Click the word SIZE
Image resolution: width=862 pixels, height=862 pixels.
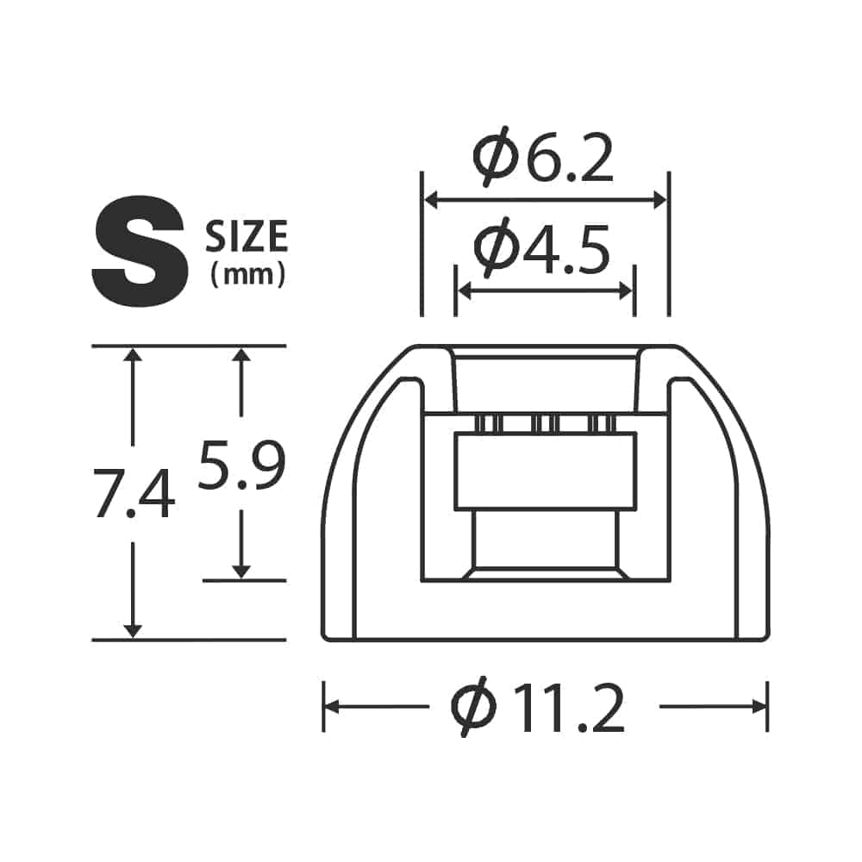pyautogui.click(x=247, y=237)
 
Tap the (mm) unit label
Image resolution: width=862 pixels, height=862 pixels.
pyautogui.click(x=247, y=275)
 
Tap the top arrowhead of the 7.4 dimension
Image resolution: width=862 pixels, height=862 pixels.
pyautogui.click(x=132, y=354)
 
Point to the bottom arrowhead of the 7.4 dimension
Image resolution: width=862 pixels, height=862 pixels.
pyautogui.click(x=132, y=630)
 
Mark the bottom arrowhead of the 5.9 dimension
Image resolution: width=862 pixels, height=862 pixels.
pyautogui.click(x=241, y=571)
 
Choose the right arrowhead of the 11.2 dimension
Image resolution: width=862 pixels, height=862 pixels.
pyautogui.click(x=759, y=707)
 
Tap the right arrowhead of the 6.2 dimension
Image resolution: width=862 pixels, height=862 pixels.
pyautogui.click(x=660, y=200)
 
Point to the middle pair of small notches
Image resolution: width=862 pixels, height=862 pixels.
pyautogui.click(x=545, y=423)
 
